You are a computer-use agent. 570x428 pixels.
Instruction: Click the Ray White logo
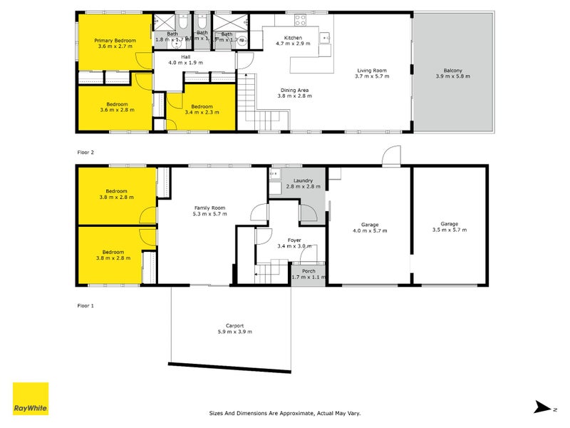point(31,399)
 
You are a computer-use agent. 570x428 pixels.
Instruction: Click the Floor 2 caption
point(85,152)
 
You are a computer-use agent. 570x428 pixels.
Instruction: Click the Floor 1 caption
point(85,305)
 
